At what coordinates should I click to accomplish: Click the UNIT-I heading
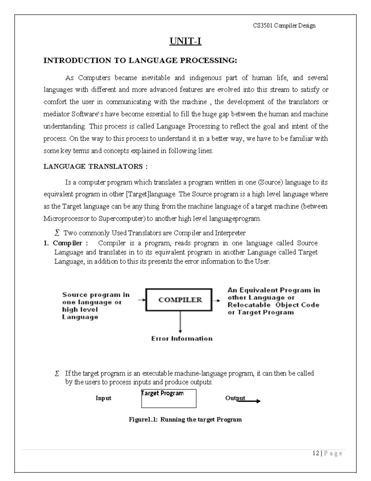(x=185, y=41)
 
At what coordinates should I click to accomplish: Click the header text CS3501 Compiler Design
(x=284, y=26)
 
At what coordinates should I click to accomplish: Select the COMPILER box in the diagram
(x=179, y=300)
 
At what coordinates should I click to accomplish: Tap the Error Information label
(x=182, y=339)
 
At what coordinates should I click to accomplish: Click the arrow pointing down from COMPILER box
(x=180, y=322)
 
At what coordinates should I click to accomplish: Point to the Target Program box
(x=169, y=398)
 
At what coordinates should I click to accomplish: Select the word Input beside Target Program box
(x=103, y=398)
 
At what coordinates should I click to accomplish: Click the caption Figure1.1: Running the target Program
(x=185, y=420)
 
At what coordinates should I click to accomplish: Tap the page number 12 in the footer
(x=316, y=453)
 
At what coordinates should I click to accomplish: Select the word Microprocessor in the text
(x=66, y=219)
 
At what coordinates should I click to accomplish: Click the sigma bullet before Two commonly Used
(x=57, y=233)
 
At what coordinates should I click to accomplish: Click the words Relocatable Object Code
(x=273, y=305)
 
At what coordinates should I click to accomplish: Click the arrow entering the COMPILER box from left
(x=141, y=300)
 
